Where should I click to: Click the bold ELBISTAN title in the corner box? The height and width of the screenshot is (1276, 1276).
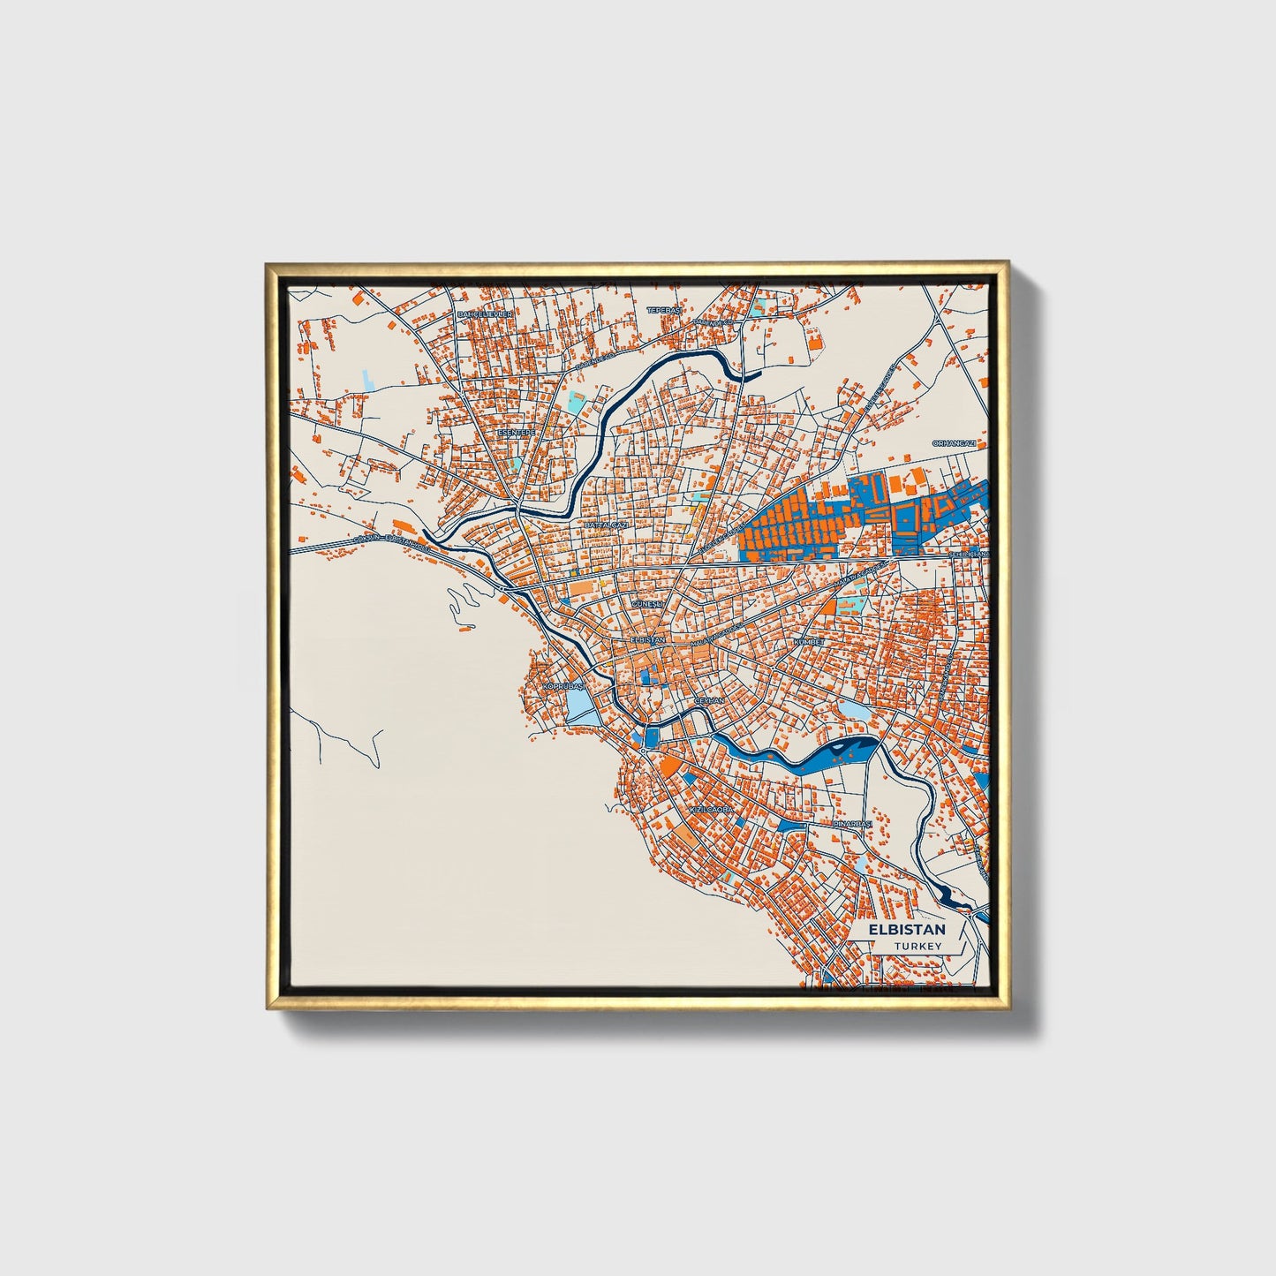[906, 930]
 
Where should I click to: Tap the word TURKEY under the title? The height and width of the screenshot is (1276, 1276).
[917, 946]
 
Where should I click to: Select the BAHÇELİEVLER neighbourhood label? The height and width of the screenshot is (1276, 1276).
[484, 313]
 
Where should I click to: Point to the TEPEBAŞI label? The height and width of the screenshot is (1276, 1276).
[664, 310]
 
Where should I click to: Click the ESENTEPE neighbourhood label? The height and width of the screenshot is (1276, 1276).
[516, 433]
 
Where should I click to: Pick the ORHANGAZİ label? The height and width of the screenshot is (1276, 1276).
[955, 443]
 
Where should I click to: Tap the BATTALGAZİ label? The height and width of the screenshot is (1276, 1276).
[606, 525]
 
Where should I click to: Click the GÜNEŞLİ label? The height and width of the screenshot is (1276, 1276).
[647, 602]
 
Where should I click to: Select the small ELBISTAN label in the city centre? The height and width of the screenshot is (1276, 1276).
[648, 638]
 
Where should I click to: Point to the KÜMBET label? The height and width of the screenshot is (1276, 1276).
[808, 642]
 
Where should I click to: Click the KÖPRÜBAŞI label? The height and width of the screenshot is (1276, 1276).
[563, 685]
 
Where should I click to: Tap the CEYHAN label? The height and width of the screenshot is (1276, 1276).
[709, 699]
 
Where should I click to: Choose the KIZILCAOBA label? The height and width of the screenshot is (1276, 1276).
[711, 809]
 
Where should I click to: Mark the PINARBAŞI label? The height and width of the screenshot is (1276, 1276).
[853, 824]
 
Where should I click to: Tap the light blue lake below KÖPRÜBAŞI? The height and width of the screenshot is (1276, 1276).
[578, 706]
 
